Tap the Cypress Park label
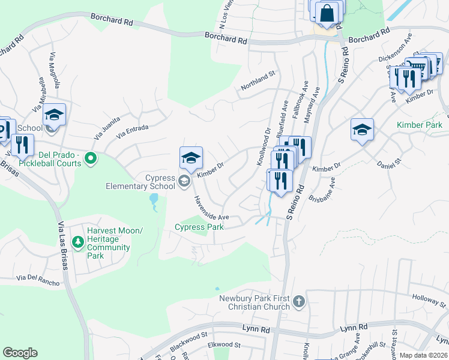click(x=199, y=227)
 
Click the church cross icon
click(x=299, y=301)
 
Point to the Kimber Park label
click(x=419, y=125)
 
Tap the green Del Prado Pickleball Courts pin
click(x=91, y=159)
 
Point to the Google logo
click(x=20, y=353)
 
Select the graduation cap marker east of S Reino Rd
click(x=363, y=130)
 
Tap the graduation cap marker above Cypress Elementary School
click(x=191, y=158)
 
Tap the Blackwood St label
click(x=188, y=338)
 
